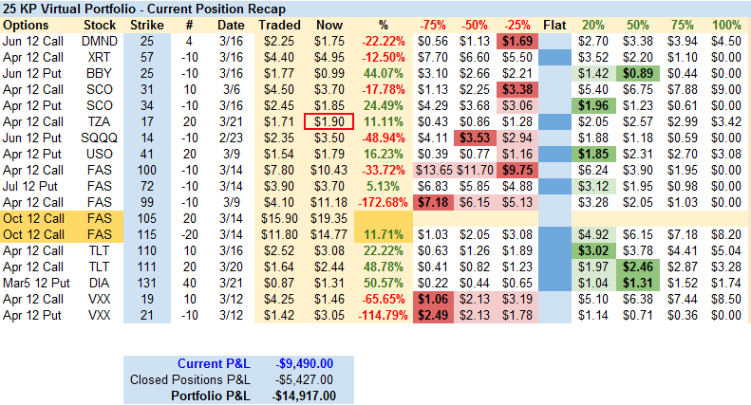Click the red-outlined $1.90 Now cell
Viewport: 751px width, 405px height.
point(329,121)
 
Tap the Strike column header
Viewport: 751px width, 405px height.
point(147,24)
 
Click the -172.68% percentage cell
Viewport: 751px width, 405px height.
point(384,201)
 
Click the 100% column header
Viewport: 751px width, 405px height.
point(725,24)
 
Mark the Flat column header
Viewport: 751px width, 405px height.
point(555,24)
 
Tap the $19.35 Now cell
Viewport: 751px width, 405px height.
point(329,217)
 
